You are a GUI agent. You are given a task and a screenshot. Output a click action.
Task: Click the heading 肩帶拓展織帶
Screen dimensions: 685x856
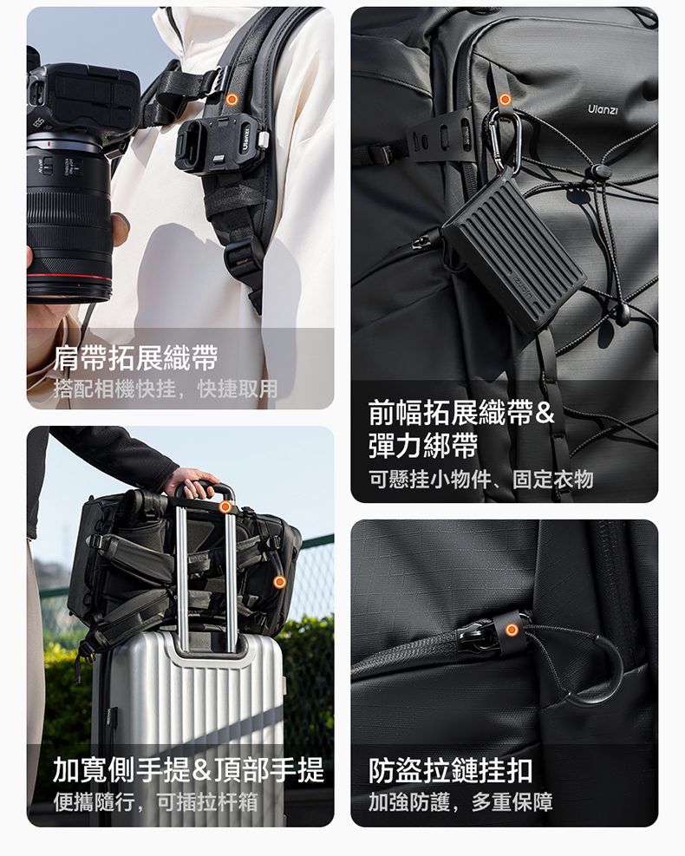(135, 358)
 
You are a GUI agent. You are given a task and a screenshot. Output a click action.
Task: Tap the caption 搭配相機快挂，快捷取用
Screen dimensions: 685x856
(166, 389)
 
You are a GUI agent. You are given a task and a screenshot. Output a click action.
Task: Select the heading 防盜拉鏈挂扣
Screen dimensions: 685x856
(450, 770)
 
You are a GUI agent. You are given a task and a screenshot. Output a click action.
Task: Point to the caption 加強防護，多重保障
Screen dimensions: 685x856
(460, 802)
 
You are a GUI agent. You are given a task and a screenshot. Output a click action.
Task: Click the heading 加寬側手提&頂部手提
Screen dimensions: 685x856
(188, 770)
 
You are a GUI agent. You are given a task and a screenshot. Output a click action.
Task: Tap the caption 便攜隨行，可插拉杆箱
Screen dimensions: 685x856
(155, 802)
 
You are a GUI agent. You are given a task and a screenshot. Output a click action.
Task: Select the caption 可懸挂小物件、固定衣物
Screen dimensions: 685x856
(481, 480)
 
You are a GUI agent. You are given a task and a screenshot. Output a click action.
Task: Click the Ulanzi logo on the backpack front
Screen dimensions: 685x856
(603, 110)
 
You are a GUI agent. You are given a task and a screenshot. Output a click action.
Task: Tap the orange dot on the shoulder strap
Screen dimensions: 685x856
(232, 100)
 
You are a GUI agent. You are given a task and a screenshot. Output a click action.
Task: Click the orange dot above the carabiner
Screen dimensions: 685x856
(506, 100)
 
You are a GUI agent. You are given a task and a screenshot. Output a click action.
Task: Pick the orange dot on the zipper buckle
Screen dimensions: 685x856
(512, 630)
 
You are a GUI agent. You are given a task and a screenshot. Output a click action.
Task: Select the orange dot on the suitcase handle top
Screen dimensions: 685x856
(225, 507)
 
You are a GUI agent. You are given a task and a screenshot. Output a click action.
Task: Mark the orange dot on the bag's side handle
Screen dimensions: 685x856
(279, 582)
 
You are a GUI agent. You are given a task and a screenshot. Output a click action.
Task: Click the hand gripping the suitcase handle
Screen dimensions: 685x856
(191, 482)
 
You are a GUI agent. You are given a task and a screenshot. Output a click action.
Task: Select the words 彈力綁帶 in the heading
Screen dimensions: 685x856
(423, 446)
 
